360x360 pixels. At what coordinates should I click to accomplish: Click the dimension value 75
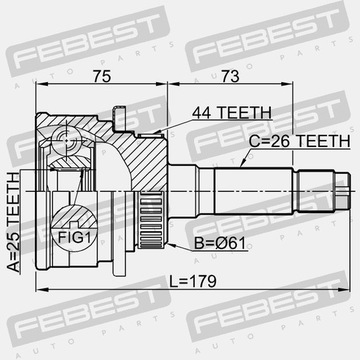click(102, 76)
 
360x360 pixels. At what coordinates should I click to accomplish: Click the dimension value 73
click(231, 76)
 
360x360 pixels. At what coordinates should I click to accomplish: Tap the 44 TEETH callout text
click(232, 113)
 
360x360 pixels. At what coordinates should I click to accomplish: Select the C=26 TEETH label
click(300, 142)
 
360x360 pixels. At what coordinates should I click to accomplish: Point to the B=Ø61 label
click(220, 244)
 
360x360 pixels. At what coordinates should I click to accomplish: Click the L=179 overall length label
click(193, 282)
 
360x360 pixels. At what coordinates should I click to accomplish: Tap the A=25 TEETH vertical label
click(13, 223)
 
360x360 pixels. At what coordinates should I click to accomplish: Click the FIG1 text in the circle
click(74, 237)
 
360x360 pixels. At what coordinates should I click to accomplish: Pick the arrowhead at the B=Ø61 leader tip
click(171, 245)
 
